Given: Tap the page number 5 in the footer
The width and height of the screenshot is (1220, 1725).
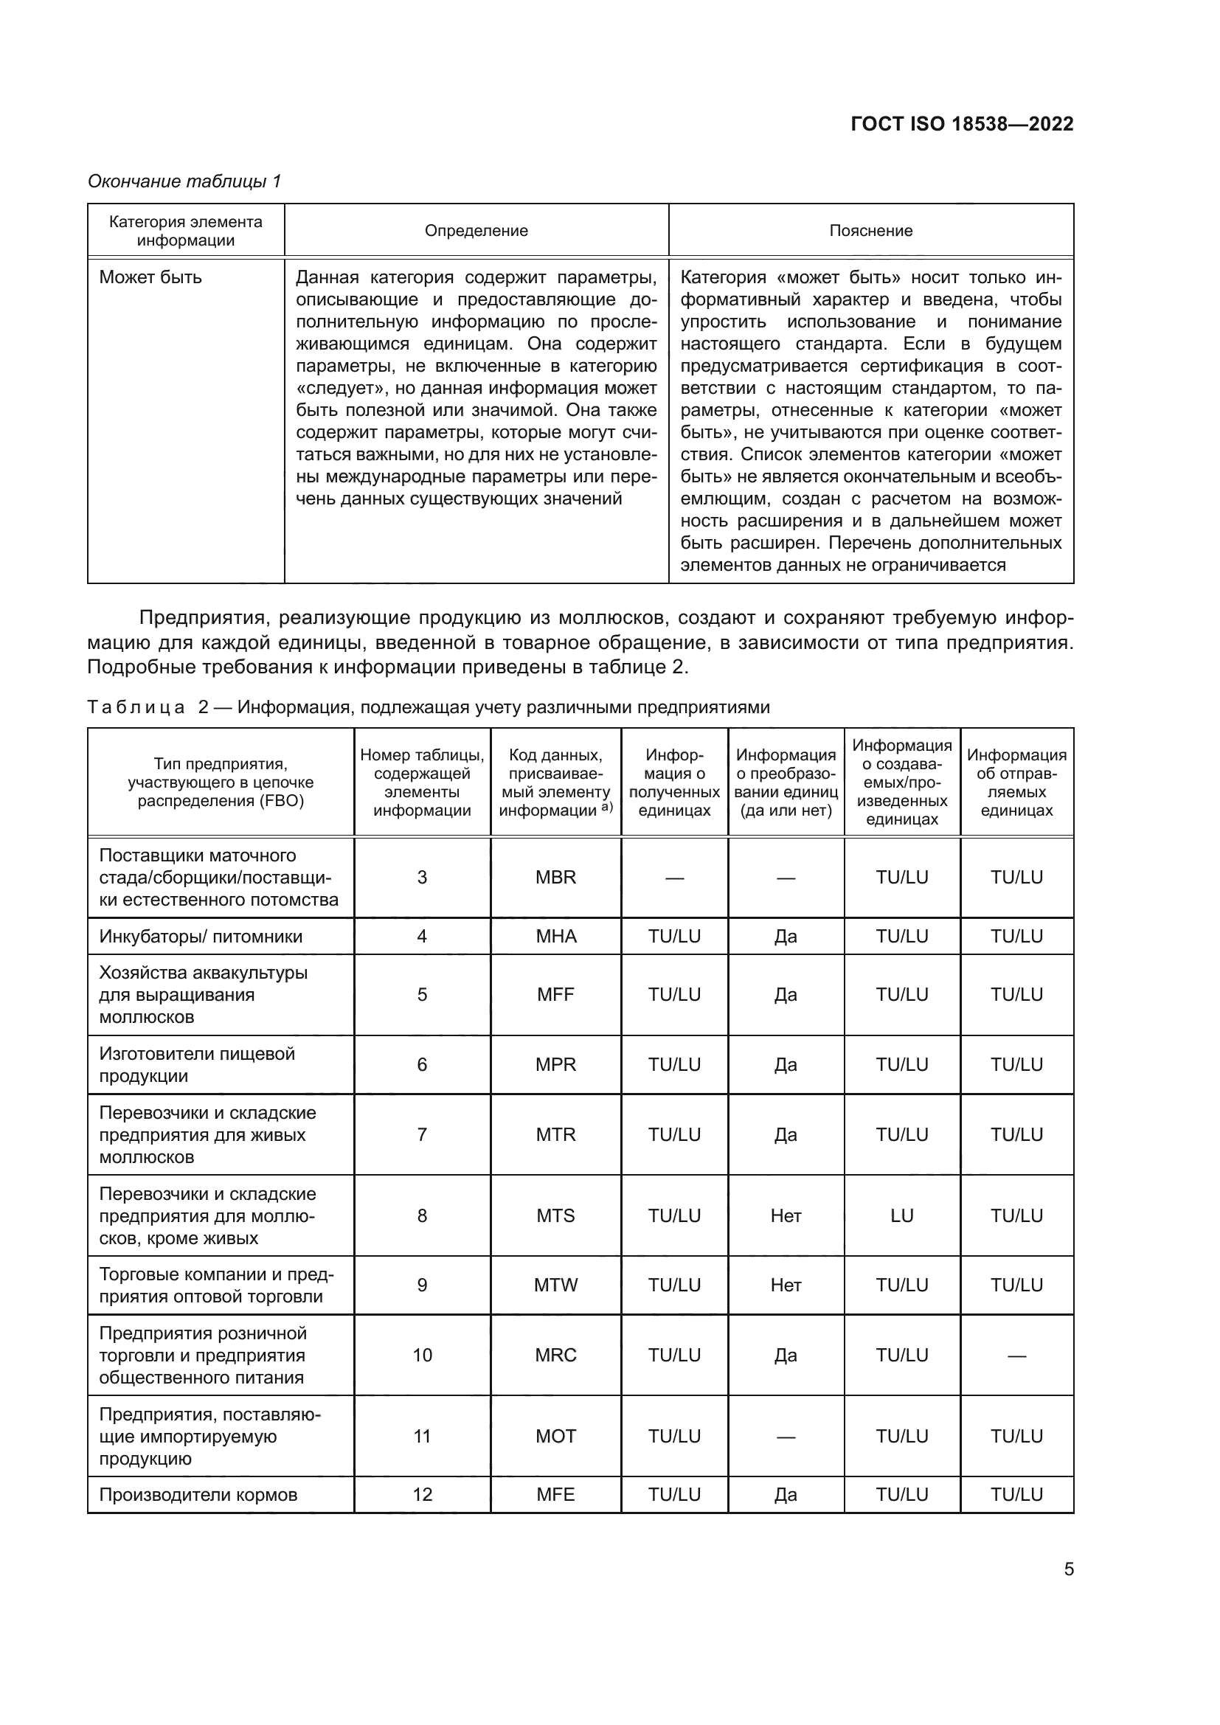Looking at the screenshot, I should pyautogui.click(x=1068, y=1569).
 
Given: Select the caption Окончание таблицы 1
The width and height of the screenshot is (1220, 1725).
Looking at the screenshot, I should pyautogui.click(x=184, y=181).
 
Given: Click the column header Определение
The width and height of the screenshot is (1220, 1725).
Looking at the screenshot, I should pyautogui.click(x=476, y=231).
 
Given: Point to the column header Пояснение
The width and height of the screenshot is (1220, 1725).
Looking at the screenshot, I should pyautogui.click(x=870, y=231).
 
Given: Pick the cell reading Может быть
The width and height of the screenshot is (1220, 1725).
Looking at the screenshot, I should pyautogui.click(x=151, y=277).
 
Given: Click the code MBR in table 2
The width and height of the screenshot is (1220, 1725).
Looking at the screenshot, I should pyautogui.click(x=555, y=878).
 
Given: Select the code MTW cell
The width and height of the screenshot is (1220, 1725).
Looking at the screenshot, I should pyautogui.click(x=555, y=1285).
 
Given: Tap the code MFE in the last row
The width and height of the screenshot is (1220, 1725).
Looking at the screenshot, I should pyautogui.click(x=555, y=1494).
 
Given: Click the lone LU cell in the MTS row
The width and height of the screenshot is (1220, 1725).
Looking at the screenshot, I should pyautogui.click(x=901, y=1215).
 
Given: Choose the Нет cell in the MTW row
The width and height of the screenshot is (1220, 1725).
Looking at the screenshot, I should pyautogui.click(x=786, y=1285).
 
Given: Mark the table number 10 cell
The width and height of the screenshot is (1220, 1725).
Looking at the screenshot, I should pyautogui.click(x=422, y=1356).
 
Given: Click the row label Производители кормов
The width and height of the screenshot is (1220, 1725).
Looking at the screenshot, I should pyautogui.click(x=198, y=1494).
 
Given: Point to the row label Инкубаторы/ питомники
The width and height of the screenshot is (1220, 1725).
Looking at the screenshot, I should pyautogui.click(x=201, y=937).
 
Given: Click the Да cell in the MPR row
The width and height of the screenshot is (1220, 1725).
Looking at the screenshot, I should pyautogui.click(x=786, y=1065).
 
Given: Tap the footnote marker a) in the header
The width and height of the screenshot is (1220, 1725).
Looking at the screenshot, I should pyautogui.click(x=607, y=807).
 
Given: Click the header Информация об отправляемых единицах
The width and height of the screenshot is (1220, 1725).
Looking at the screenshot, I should pyautogui.click(x=1016, y=782).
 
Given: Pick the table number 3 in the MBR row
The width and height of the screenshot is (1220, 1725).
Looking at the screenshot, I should pyautogui.click(x=422, y=878).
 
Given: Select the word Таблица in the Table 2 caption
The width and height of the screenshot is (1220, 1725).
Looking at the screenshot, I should pyautogui.click(x=136, y=707).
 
